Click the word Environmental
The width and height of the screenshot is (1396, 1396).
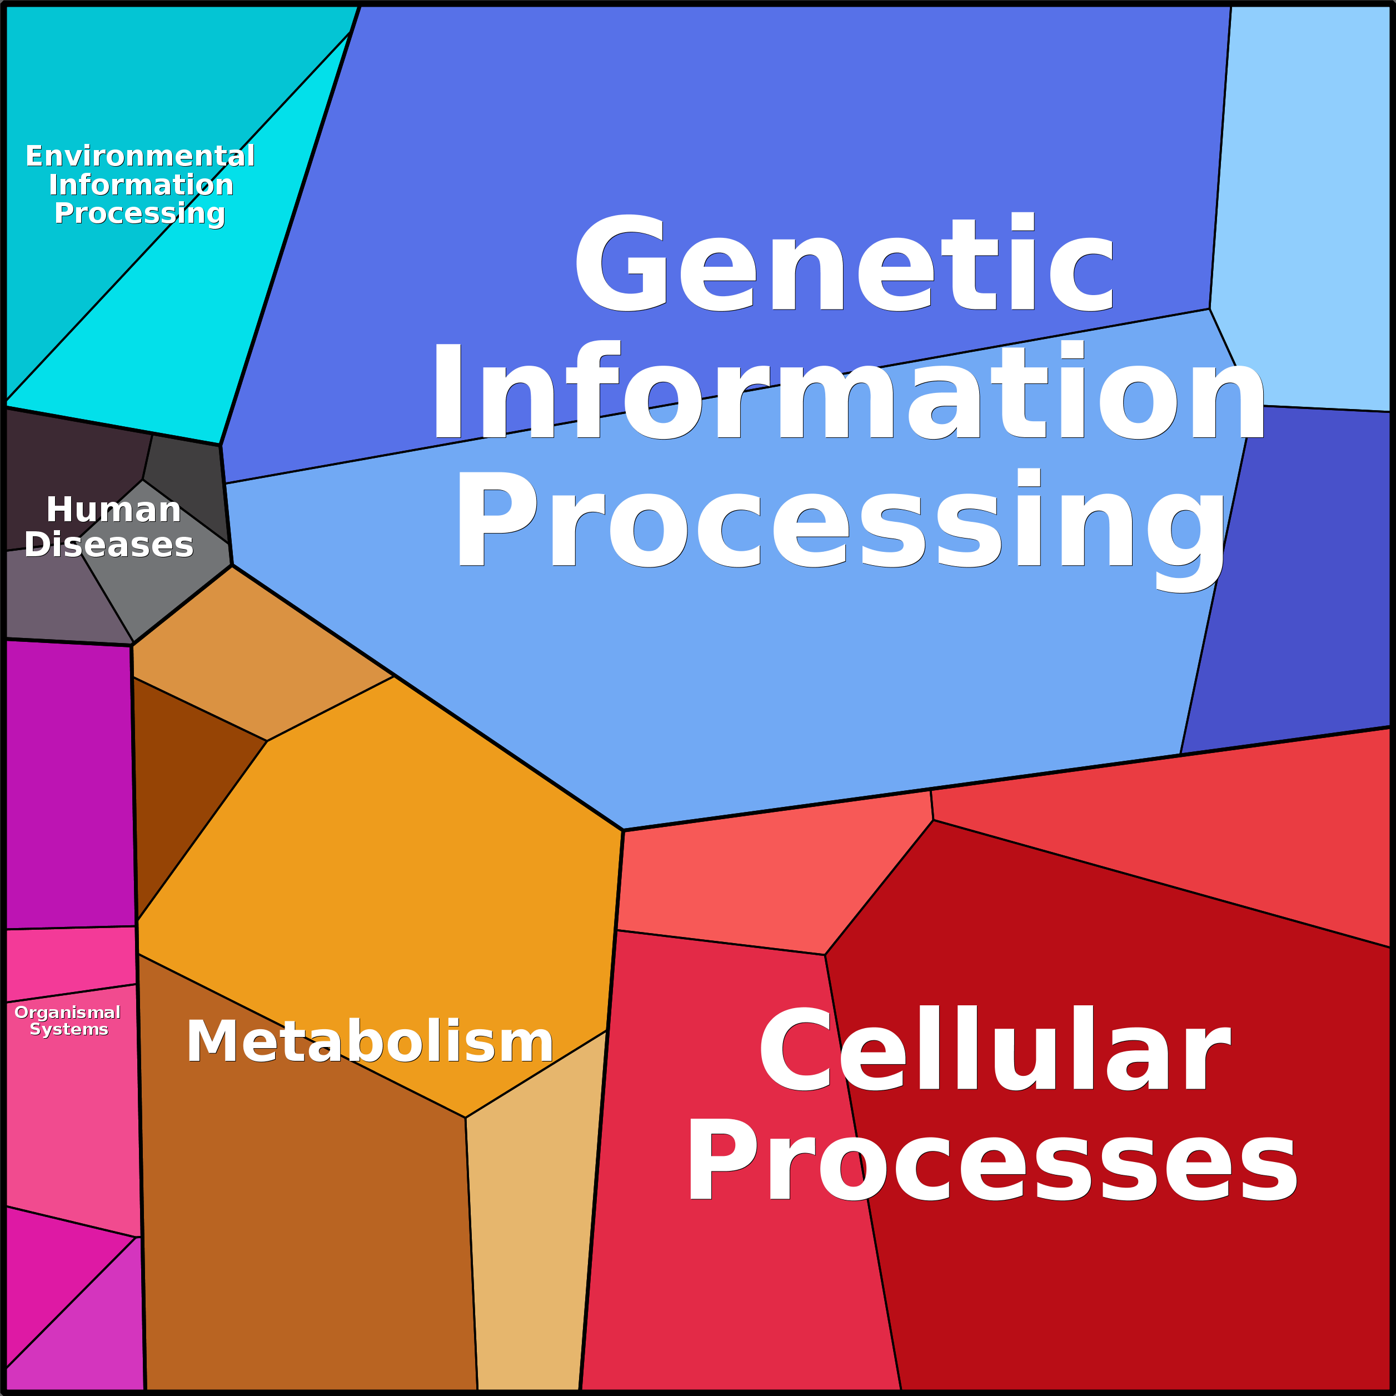pos(140,156)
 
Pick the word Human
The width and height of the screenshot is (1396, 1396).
pos(113,510)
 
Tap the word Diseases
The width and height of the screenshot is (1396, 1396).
pos(109,544)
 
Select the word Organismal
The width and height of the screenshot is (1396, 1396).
pos(67,1013)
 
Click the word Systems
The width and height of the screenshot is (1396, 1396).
pos(69,1029)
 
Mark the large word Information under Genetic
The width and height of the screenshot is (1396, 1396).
pos(847,392)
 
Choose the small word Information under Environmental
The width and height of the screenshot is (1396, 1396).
pos(141,185)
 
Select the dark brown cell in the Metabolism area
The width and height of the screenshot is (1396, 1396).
pos(188,780)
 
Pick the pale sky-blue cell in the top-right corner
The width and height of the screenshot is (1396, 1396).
pos(1308,181)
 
